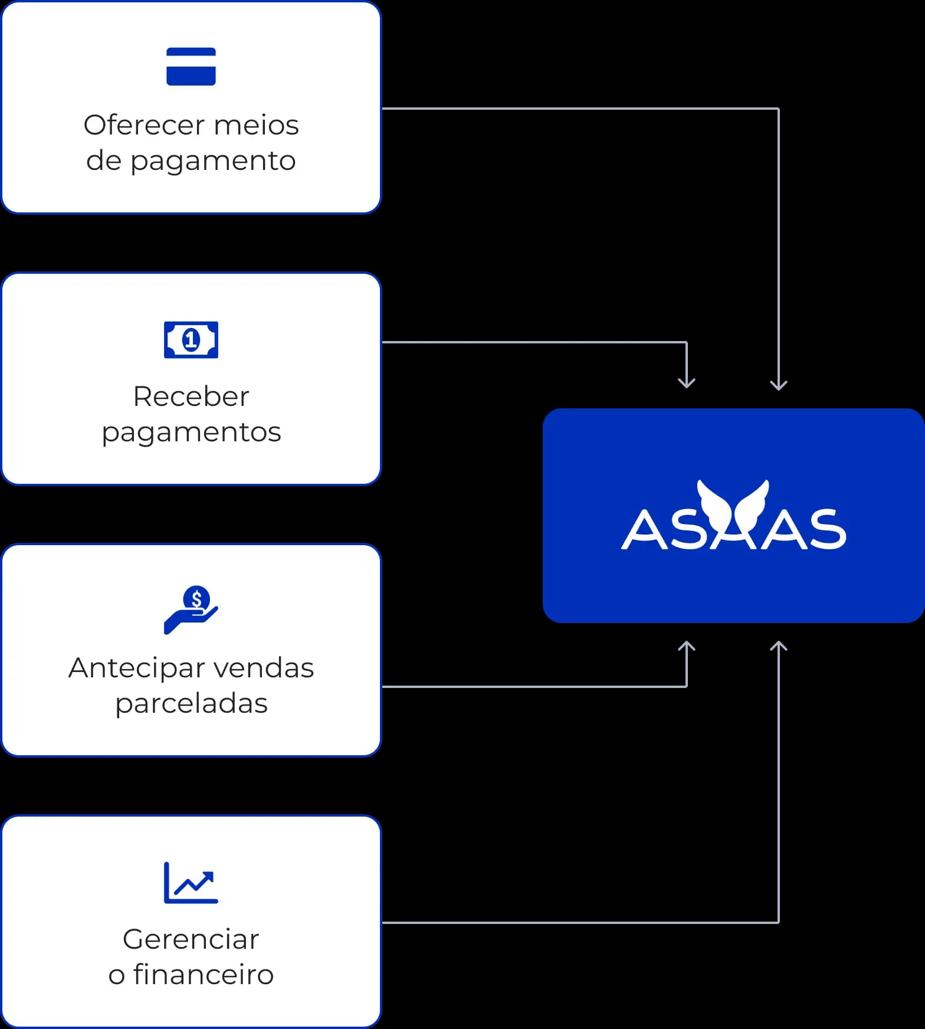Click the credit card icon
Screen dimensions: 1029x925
click(191, 67)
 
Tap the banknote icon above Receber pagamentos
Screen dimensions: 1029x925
click(191, 340)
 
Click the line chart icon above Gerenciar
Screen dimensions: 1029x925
click(191, 883)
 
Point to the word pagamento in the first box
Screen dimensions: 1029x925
click(212, 161)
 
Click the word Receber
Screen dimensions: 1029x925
click(191, 396)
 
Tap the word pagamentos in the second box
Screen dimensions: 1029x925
click(191, 432)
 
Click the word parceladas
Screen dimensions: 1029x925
click(191, 703)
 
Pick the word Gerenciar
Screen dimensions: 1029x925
click(191, 939)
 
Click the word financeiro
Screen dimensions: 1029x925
click(204, 975)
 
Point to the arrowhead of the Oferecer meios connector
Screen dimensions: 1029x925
click(779, 385)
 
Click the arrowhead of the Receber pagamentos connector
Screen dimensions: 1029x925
click(687, 383)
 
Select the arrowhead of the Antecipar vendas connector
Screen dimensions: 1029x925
click(687, 647)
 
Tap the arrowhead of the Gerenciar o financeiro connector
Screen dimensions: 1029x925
click(779, 647)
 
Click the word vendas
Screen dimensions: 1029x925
click(263, 668)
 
